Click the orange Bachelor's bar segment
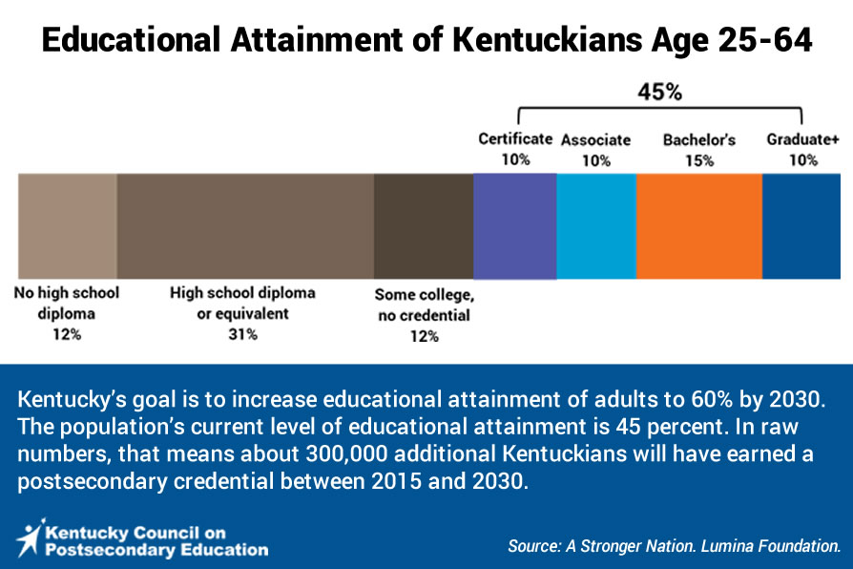pyautogui.click(x=699, y=226)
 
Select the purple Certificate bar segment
pyautogui.click(x=514, y=226)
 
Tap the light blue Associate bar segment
pyautogui.click(x=596, y=226)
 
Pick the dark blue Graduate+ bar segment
pyautogui.click(x=801, y=226)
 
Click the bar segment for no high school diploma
pyautogui.click(x=68, y=226)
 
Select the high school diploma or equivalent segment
pyautogui.click(x=245, y=226)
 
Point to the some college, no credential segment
pyautogui.click(x=424, y=226)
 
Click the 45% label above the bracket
pyautogui.click(x=659, y=92)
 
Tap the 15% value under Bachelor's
pyautogui.click(x=699, y=160)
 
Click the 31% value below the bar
pyautogui.click(x=242, y=334)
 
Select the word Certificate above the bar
pyautogui.click(x=515, y=138)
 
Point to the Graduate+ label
pyautogui.click(x=802, y=139)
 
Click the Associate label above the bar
pyautogui.click(x=595, y=140)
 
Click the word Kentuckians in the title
pyautogui.click(x=548, y=40)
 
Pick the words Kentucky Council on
pyautogui.click(x=135, y=533)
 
